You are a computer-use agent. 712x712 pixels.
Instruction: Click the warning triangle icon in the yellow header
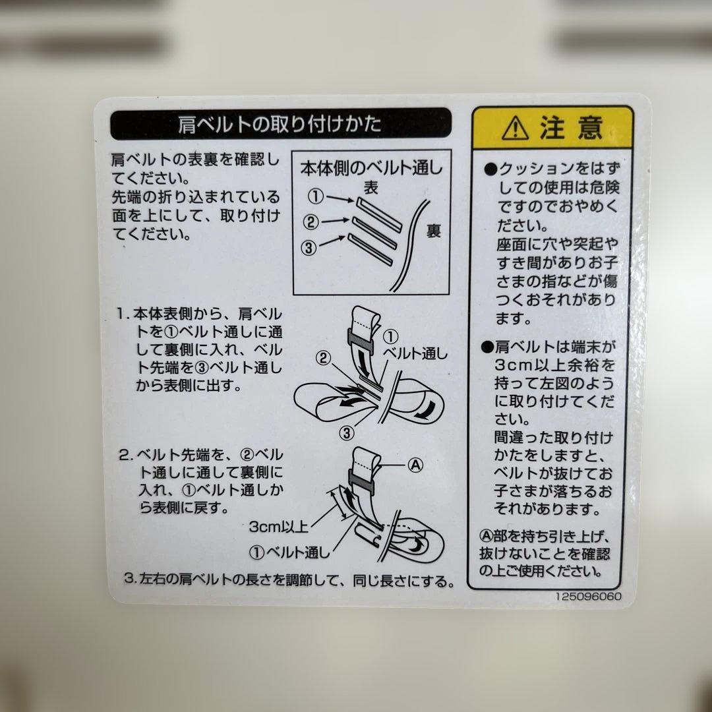[515, 129]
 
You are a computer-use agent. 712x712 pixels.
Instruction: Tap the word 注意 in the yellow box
[571, 127]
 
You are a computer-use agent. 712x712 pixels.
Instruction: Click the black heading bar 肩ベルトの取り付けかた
[280, 124]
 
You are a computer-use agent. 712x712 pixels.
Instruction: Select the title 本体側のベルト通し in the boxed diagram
[372, 168]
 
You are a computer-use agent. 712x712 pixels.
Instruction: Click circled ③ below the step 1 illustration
[348, 432]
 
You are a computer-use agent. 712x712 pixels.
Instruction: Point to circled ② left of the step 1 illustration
[323, 358]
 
